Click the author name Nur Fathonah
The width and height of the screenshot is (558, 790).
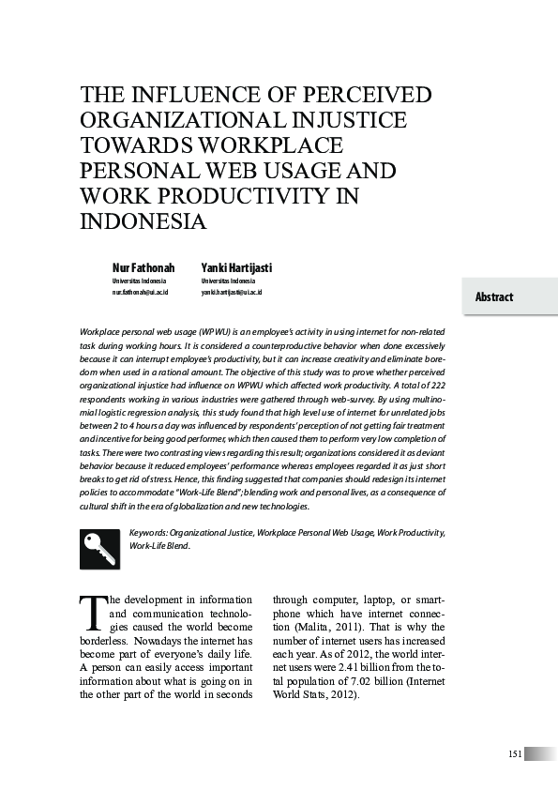pos(143,268)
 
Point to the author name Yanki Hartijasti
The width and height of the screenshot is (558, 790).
pos(236,268)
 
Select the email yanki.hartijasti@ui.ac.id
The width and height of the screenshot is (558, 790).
pos(232,292)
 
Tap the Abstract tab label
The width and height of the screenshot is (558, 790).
pos(494,297)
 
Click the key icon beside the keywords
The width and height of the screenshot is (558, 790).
pos(99,549)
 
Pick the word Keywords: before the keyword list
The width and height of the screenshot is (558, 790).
pos(148,532)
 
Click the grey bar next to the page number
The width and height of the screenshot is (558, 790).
pos(540,754)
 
